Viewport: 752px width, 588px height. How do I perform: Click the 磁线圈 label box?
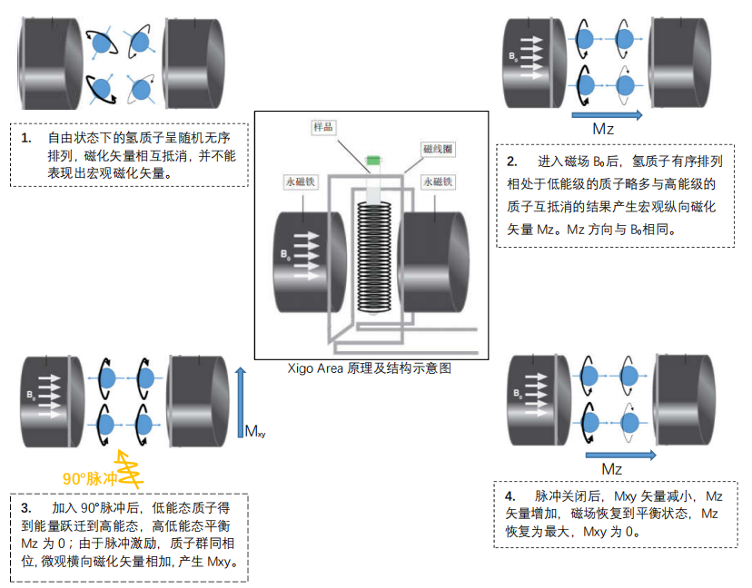tap(436, 147)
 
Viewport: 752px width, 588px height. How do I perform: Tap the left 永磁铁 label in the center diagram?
tap(298, 181)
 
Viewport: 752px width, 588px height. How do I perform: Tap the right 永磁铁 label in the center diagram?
tap(440, 181)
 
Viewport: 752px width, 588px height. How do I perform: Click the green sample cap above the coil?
tap(371, 161)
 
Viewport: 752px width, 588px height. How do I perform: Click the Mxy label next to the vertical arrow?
tap(255, 431)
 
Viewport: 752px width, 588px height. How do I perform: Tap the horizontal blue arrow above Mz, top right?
tap(608, 114)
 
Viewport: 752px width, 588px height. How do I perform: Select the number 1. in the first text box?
tap(26, 138)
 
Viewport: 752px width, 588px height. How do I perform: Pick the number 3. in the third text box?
tap(26, 507)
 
